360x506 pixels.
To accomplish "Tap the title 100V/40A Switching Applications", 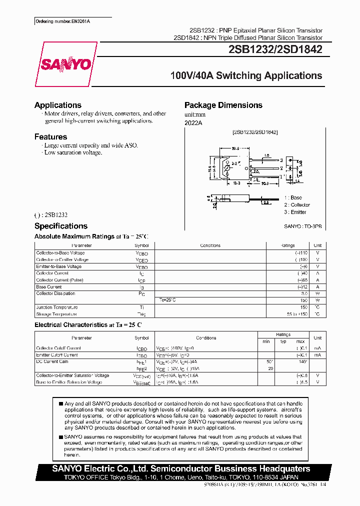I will [x=246, y=76].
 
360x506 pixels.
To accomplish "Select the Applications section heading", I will [x=58, y=105].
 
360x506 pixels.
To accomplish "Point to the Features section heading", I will [x=50, y=136].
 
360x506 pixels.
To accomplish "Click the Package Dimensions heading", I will [x=223, y=105].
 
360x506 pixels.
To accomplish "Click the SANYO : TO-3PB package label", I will [x=303, y=226].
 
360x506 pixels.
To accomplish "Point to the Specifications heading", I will [x=61, y=226].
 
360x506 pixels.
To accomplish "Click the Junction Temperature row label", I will [x=56, y=307].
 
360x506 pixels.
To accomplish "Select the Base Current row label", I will [x=49, y=287].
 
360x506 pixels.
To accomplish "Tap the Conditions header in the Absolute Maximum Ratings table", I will [x=210, y=245].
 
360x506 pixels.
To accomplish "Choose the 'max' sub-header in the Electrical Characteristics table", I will [x=300, y=341].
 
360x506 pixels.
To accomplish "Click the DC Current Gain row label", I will [x=52, y=361].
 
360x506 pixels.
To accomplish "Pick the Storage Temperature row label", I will [x=56, y=314].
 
